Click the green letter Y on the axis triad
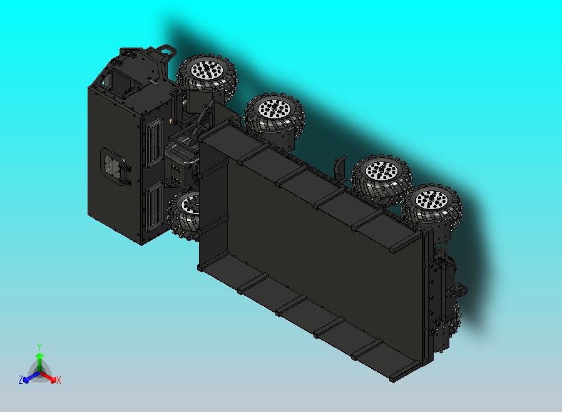[39, 346]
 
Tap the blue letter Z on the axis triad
[21, 379]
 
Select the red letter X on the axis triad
[58, 380]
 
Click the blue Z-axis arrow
[29, 378]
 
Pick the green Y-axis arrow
[39, 361]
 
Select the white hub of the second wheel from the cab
[273, 108]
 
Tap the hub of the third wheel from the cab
[379, 172]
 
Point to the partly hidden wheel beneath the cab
[183, 214]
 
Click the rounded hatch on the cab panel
[115, 167]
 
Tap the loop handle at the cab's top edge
[165, 49]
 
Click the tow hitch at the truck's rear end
[457, 290]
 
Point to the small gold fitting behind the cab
[170, 120]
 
